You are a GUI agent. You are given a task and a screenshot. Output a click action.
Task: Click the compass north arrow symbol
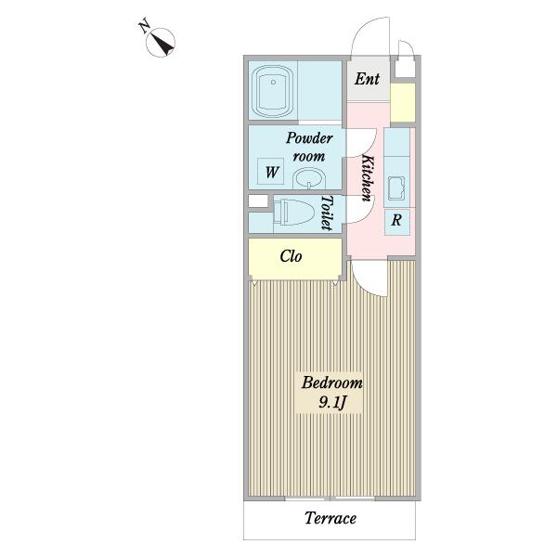tap(161, 43)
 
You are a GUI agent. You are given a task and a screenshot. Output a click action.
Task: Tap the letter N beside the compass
tap(144, 27)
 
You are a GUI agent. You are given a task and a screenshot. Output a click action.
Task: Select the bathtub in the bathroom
tap(273, 91)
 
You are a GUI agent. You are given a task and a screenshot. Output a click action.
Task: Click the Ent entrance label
tap(367, 79)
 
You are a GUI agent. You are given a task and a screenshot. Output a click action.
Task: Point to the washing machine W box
tap(271, 171)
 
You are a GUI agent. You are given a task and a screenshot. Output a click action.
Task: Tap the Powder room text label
tap(309, 147)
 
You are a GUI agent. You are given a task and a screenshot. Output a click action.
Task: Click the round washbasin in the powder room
tap(309, 178)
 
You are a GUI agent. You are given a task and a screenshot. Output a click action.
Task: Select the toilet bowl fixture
tap(294, 212)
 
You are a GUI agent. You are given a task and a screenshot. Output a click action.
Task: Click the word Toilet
tap(327, 213)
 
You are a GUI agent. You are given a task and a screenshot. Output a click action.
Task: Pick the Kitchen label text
tap(368, 177)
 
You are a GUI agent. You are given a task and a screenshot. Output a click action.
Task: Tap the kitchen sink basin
tap(396, 188)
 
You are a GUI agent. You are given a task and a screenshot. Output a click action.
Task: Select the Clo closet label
tap(291, 256)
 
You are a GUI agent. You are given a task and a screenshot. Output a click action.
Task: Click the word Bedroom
tap(332, 382)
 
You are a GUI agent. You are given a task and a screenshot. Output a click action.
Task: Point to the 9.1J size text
tap(332, 403)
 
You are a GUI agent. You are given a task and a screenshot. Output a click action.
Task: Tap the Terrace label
tap(330, 518)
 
